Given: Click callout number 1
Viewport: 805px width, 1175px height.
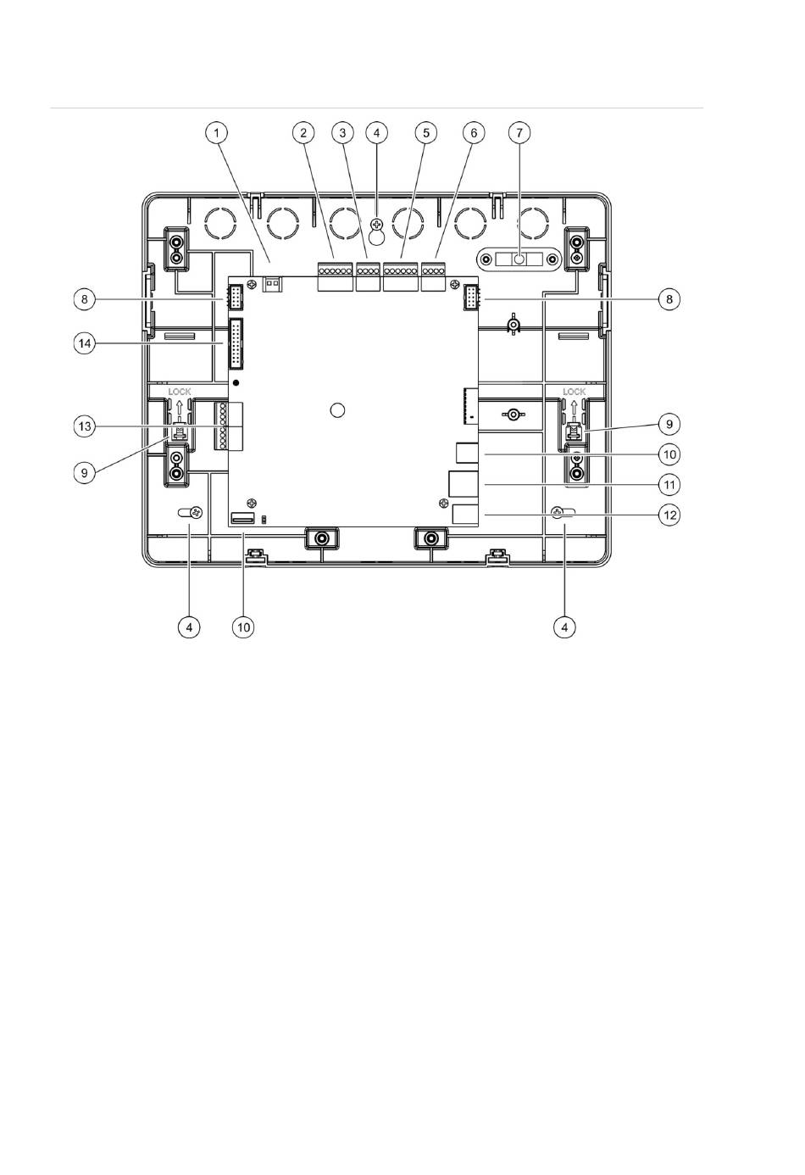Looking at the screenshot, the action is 216,133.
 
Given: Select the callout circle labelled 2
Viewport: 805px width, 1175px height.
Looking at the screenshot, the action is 303,133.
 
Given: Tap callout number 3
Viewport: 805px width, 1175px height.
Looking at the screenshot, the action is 343,133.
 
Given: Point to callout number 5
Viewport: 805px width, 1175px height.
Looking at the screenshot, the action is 426,133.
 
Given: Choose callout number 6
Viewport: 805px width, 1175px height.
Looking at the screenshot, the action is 474,133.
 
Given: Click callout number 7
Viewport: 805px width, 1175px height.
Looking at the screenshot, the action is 519,133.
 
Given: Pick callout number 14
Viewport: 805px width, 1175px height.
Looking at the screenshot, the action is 85,344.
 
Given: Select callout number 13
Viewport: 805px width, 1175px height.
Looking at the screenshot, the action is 85,426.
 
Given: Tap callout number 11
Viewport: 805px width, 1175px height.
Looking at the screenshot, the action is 669,485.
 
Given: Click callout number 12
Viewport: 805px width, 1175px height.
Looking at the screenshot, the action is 669,515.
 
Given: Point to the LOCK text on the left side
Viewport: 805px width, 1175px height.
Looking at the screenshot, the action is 180,392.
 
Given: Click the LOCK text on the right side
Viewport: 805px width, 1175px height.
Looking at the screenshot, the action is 574,392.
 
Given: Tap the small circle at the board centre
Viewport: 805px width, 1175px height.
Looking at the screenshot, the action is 338,409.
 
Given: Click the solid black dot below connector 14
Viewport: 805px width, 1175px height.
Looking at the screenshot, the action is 236,382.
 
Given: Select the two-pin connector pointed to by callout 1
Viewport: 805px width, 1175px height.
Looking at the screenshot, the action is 272,284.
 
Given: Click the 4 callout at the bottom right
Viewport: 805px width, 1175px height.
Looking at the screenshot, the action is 564,626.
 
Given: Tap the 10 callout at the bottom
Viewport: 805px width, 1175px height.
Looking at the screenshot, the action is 243,626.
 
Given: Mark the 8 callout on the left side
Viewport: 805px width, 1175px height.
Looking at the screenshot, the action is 85,299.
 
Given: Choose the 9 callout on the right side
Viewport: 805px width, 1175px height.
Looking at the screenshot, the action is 669,424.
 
